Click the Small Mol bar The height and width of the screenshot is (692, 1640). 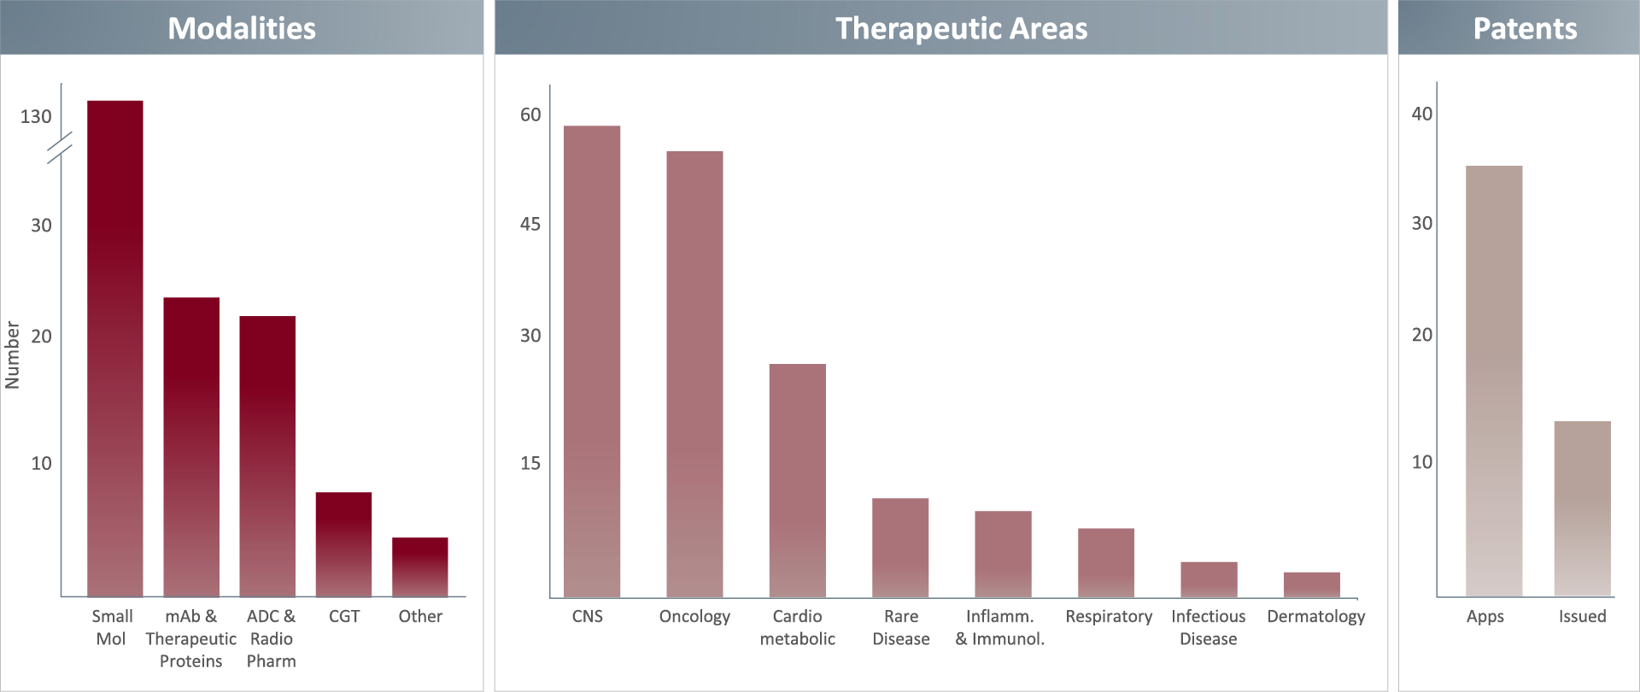tap(115, 349)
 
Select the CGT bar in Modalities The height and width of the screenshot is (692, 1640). tap(343, 544)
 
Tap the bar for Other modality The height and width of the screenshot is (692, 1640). tap(420, 567)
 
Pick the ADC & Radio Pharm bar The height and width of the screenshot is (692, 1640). tap(267, 456)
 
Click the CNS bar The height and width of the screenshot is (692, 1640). tap(592, 361)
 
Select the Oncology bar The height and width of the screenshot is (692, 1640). tap(694, 374)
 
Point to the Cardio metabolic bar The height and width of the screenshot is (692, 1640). tap(798, 481)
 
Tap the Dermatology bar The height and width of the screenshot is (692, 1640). tap(1312, 585)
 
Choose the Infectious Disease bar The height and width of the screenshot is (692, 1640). tap(1209, 580)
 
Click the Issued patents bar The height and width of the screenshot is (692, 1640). tap(1583, 508)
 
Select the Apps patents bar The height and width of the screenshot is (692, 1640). tap(1494, 381)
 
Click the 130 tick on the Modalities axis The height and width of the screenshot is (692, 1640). tap(36, 116)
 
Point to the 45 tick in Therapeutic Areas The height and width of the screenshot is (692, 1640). tap(530, 224)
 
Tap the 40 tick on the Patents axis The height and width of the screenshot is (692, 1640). tap(1422, 114)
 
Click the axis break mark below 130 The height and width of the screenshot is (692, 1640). tap(60, 148)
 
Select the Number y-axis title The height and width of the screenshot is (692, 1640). tap(12, 355)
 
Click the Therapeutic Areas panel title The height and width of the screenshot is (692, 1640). tap(962, 28)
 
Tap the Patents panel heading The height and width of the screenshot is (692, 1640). tap(1526, 28)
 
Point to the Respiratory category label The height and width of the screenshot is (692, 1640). tap(1109, 616)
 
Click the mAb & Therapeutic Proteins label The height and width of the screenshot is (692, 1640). tap(191, 638)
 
